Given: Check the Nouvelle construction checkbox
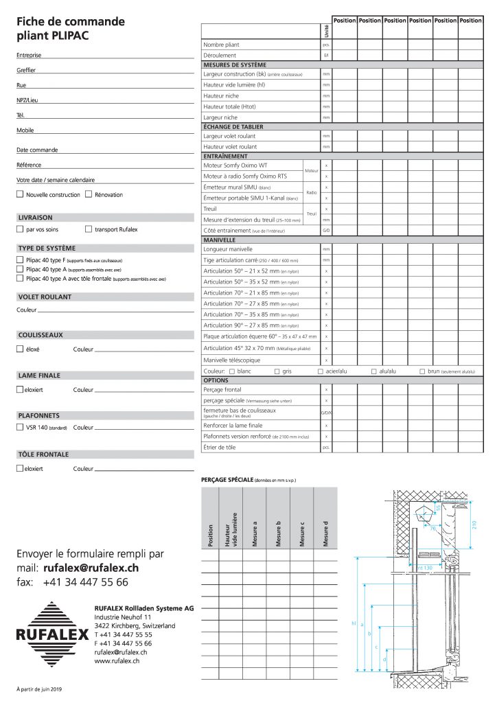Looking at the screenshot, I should pyautogui.click(x=19, y=194).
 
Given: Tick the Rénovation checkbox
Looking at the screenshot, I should pyautogui.click(x=89, y=194).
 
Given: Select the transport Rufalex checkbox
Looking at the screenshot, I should pyautogui.click(x=89, y=229).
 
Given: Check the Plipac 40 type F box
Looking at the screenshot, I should pyautogui.click(x=19, y=260).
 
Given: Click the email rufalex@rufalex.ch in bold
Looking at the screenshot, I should pyautogui.click(x=91, y=568).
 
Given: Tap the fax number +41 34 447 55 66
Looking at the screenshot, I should pyautogui.click(x=85, y=582).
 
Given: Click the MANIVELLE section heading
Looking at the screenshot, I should pyautogui.click(x=220, y=240).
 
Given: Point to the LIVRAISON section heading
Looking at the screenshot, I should pyautogui.click(x=35, y=217).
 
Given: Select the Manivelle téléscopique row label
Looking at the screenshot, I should pyautogui.click(x=232, y=360).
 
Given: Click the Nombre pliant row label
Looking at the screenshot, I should pyautogui.click(x=224, y=44).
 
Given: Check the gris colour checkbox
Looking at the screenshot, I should pyautogui.click(x=277, y=371).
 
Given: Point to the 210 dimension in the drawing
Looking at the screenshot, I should pyautogui.click(x=474, y=524).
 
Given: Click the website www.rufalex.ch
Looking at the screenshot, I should pyautogui.click(x=117, y=660).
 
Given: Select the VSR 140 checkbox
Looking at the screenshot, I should pyautogui.click(x=19, y=427).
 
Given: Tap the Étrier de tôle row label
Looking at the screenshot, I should pyautogui.click(x=220, y=447).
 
